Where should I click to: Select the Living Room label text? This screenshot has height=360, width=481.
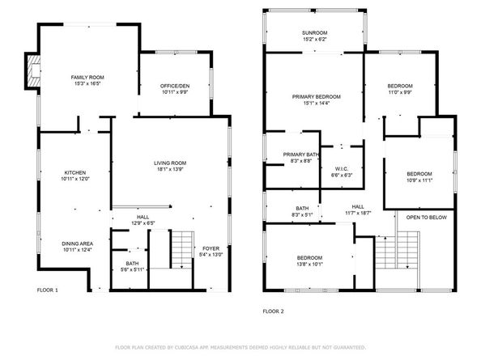point(171,164)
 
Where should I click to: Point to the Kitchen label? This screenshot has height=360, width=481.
point(76,173)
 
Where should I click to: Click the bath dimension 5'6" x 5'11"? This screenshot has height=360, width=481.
point(132,269)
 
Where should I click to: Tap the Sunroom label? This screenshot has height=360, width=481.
point(315,32)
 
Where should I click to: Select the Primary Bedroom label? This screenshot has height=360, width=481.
point(316,96)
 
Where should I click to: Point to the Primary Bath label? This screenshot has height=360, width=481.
point(301,154)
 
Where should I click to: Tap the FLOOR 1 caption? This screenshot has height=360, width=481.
point(48,289)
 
